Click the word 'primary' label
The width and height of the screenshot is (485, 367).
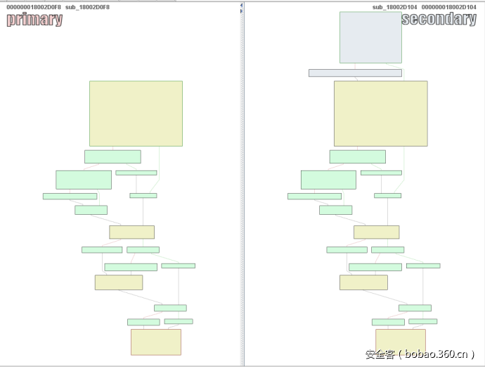[34, 20]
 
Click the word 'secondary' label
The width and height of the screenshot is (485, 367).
[439, 19]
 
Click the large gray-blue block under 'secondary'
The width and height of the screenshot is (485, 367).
[370, 37]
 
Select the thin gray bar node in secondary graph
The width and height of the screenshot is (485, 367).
[355, 73]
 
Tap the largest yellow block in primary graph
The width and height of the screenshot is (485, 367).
[136, 113]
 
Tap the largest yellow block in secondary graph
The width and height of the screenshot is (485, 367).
[380, 113]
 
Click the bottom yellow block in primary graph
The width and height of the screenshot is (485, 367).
[156, 342]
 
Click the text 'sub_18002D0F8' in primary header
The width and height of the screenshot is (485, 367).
[88, 7]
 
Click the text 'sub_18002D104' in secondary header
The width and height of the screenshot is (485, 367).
[396, 7]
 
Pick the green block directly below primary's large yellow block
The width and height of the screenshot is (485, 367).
[112, 156]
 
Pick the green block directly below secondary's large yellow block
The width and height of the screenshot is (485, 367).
[357, 156]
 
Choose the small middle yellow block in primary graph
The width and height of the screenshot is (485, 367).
[131, 232]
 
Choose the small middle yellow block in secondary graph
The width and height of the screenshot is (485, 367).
[376, 232]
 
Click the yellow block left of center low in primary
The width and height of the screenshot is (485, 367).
[119, 282]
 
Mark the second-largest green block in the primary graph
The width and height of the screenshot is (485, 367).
[84, 180]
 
